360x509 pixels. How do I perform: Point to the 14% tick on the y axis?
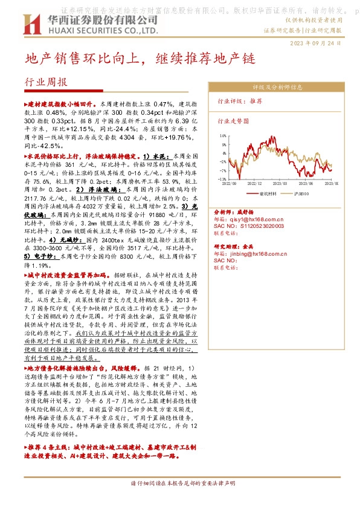222,136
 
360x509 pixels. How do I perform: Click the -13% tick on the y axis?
222,179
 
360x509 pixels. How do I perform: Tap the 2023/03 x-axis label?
280,184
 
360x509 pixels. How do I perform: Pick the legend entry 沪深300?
303,194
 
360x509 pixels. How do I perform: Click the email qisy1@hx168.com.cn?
257,219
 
